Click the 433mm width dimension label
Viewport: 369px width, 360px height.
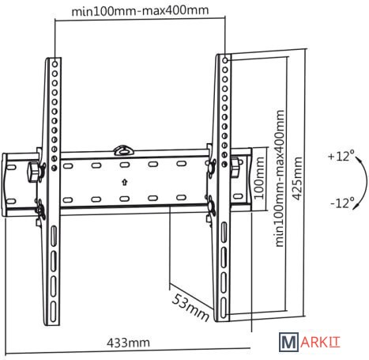pyautogui.click(x=128, y=343)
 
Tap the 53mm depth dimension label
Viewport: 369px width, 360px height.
pyautogui.click(x=190, y=307)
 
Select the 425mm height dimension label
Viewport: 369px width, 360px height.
pyautogui.click(x=298, y=178)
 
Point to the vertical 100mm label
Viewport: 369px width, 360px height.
pyautogui.click(x=259, y=178)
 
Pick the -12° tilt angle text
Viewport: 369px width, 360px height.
pyautogui.click(x=342, y=203)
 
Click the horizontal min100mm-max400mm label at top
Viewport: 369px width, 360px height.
pyautogui.click(x=140, y=11)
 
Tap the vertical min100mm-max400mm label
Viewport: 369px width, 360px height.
pyautogui.click(x=280, y=179)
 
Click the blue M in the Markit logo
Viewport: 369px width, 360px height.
pyautogui.click(x=288, y=342)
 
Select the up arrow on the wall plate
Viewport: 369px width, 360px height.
pyautogui.click(x=125, y=182)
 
